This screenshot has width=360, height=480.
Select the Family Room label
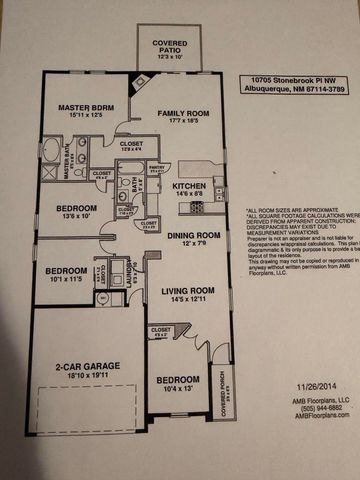[x=180, y=117]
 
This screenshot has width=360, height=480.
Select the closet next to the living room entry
[x=161, y=333]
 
